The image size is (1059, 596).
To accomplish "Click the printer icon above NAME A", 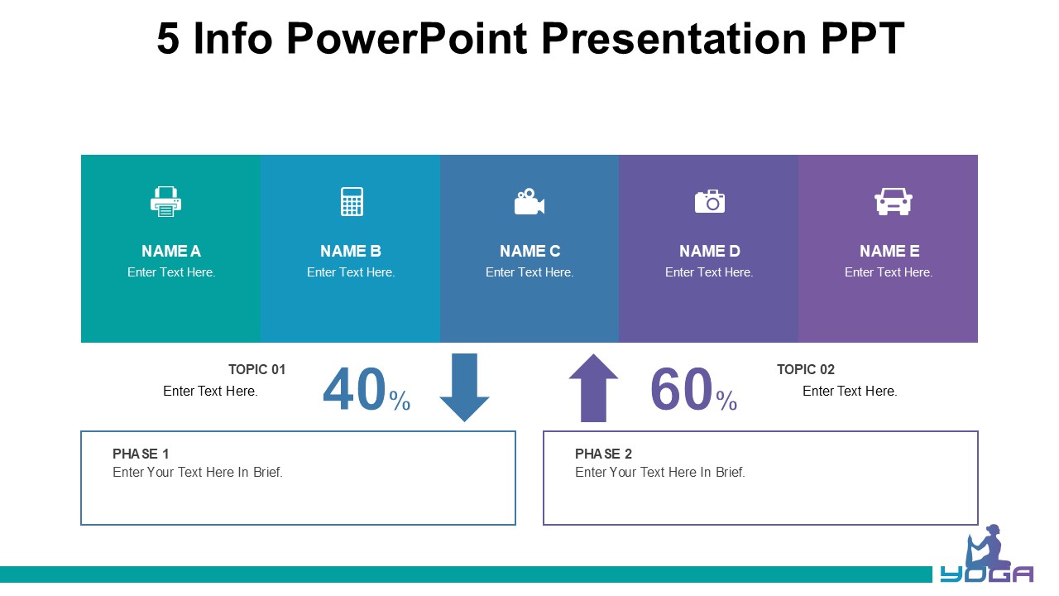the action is tap(166, 201).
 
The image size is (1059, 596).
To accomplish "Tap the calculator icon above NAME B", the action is tap(352, 201).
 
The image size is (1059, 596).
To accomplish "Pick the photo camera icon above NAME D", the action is tap(710, 201).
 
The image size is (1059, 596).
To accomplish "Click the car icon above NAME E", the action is tap(893, 201).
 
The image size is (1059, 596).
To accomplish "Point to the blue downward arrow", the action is tap(464, 387).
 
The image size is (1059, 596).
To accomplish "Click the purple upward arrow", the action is tap(593, 387).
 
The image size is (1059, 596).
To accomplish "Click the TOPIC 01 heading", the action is tap(257, 369).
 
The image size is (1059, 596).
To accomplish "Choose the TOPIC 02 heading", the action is tap(806, 369).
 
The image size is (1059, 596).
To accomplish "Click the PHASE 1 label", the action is tap(141, 454).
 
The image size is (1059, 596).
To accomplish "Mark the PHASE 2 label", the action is tap(603, 454).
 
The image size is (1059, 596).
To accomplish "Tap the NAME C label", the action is tap(530, 251).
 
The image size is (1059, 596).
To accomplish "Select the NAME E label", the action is tap(889, 251).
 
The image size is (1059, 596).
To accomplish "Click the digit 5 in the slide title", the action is tap(168, 39).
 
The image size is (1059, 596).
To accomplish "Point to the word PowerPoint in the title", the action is tap(406, 39).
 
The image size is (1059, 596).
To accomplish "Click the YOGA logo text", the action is tap(987, 574).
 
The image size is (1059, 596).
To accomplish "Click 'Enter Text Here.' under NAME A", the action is tap(171, 272).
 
